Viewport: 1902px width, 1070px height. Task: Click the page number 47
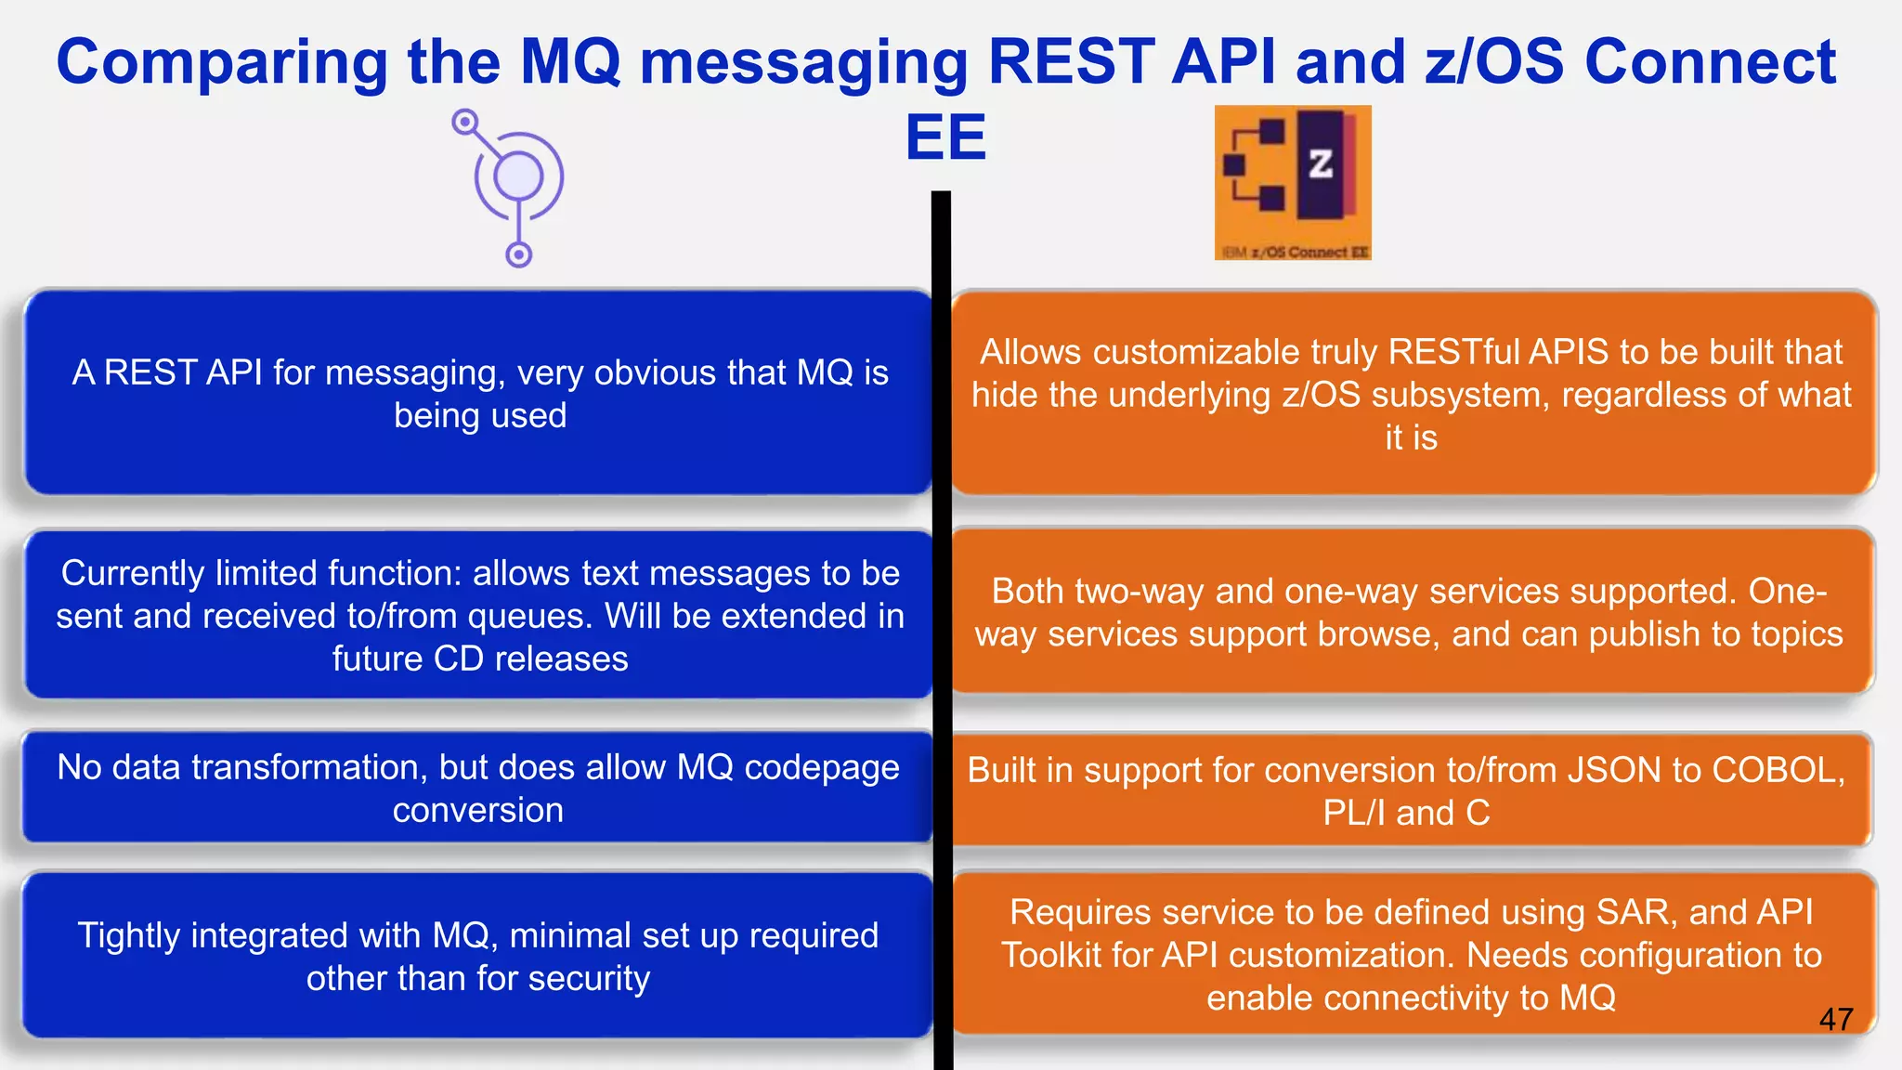click(x=1836, y=1019)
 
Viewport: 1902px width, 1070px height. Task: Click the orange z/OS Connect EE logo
click(x=1292, y=182)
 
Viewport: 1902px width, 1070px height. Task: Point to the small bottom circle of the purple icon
click(x=518, y=254)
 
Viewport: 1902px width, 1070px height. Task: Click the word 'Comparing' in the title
click(x=222, y=62)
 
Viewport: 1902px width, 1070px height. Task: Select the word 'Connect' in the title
click(x=1710, y=62)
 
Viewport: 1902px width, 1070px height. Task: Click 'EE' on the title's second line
click(x=945, y=138)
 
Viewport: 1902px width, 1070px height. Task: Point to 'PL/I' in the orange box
click(x=1354, y=813)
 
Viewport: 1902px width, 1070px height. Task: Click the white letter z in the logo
click(x=1320, y=164)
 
